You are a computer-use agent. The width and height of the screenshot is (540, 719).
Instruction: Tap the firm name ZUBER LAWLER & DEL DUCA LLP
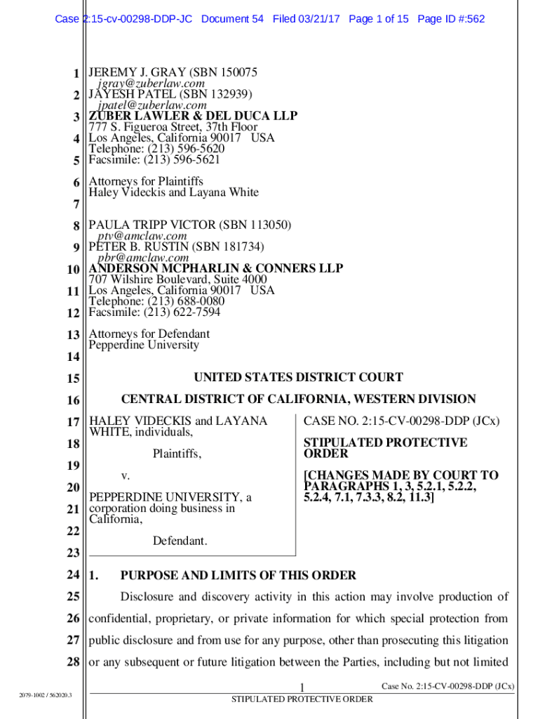pos(192,116)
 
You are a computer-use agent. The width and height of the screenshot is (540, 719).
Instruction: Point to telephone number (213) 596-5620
pos(181,149)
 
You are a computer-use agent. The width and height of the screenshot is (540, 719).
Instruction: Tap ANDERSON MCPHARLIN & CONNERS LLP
pos(215,269)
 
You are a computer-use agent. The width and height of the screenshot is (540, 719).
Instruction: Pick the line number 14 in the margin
pos(73,357)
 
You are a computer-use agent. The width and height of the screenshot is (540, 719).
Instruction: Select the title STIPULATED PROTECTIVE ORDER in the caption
pos(385,448)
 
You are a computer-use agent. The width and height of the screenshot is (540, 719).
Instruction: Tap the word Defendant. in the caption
pos(180,541)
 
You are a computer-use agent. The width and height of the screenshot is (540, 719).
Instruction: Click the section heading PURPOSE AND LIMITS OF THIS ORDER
pos(238,576)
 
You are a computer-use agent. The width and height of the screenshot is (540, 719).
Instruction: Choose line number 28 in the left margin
pos(73,662)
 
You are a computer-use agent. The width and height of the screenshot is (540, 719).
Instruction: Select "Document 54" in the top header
pos(232,19)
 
